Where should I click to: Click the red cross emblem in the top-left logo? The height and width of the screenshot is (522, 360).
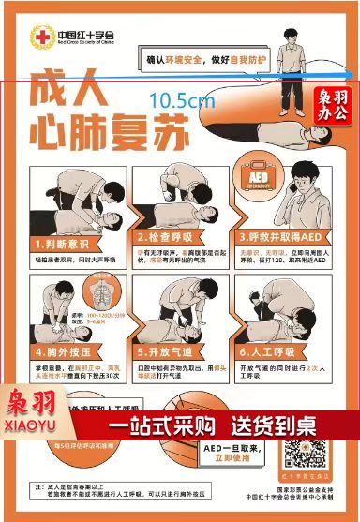pos(43,37)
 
